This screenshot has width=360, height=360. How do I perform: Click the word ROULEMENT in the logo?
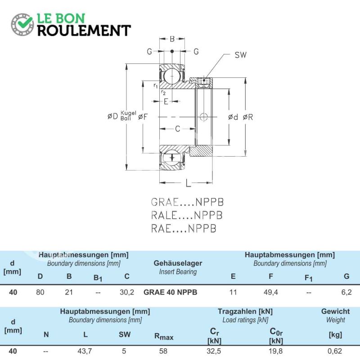point(84,31)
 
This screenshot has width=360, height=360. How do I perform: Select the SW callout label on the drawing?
point(240,55)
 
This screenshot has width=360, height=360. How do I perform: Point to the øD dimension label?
point(113,116)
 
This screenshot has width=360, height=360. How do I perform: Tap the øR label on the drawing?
point(248,117)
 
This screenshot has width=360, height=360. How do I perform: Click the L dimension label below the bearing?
point(188,183)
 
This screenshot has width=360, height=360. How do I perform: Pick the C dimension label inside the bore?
point(177,129)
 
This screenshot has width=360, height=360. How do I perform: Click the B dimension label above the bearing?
point(172,39)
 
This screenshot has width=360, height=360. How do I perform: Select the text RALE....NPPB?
point(187,216)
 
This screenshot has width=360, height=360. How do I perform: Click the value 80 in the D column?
point(40,292)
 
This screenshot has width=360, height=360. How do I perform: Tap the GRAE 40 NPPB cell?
point(171,292)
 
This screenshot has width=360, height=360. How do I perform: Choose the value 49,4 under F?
point(271,292)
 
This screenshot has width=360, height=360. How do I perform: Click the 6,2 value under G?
point(346,292)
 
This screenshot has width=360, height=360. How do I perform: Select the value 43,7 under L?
point(85,351)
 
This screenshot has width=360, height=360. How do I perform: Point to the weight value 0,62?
point(335,351)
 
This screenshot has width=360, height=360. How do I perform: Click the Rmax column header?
point(164,336)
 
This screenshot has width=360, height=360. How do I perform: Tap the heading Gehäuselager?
point(178,263)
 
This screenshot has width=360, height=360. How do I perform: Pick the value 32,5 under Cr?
point(214,351)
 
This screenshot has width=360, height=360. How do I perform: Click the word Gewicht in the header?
point(335,311)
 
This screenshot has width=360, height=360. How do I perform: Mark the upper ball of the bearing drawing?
point(172,76)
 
